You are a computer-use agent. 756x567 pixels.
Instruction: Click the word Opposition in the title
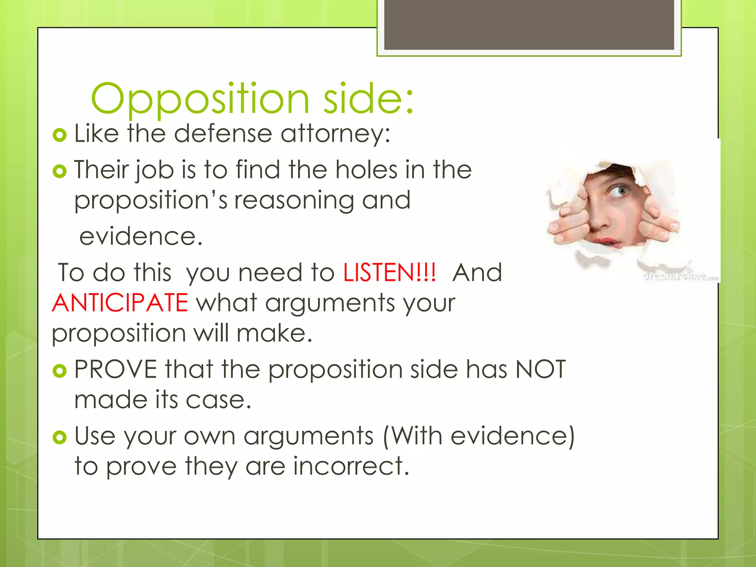click(x=200, y=99)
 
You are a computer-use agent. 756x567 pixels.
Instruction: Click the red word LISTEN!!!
click(x=389, y=273)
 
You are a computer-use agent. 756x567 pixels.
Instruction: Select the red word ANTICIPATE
click(x=120, y=303)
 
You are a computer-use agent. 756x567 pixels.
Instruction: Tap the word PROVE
click(x=116, y=369)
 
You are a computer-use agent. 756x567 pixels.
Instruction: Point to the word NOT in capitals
click(x=540, y=369)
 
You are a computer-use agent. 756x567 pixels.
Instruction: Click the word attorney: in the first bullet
click(x=335, y=133)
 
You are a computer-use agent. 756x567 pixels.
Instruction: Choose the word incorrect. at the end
click(x=351, y=466)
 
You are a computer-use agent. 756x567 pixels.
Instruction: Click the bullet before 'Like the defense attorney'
click(x=59, y=135)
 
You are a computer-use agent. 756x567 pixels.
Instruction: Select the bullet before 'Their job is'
click(x=59, y=171)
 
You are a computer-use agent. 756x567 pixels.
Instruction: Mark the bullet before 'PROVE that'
click(x=59, y=371)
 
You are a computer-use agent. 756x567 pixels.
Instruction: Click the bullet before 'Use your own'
click(x=59, y=437)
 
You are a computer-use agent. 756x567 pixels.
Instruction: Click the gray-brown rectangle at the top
click(x=529, y=25)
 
